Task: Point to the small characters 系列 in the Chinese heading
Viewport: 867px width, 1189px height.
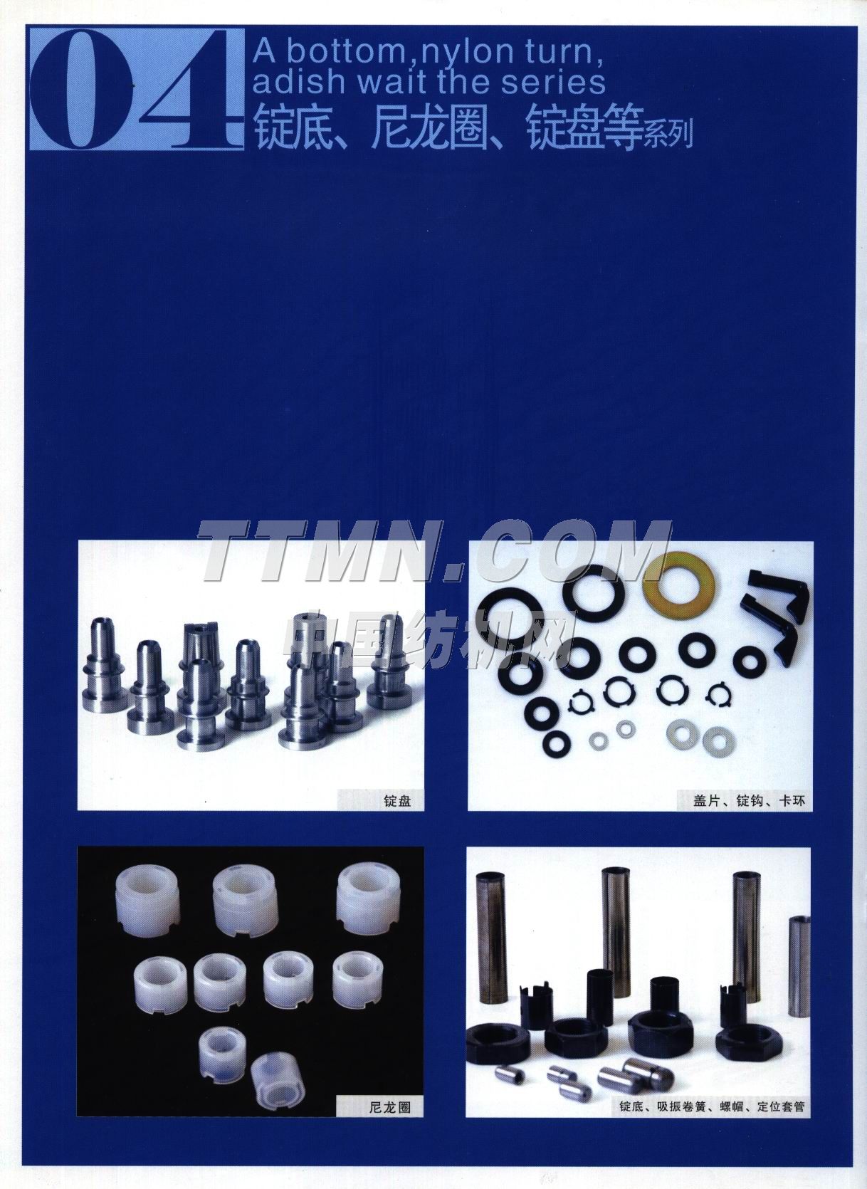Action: pos(668,134)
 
